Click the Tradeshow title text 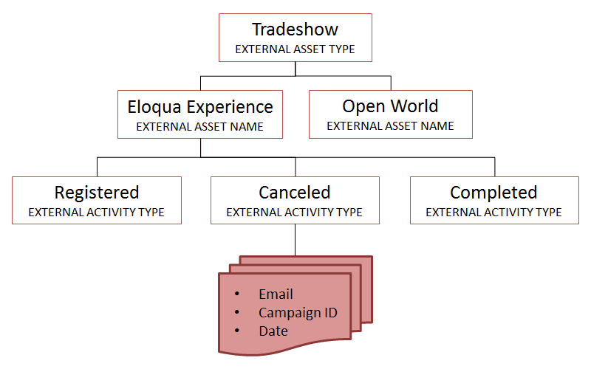(295, 30)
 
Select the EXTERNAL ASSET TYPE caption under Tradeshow (295, 49)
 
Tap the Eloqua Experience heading (200, 106)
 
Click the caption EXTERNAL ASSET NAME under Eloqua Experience (200, 126)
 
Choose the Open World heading (390, 106)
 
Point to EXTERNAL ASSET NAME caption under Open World (390, 126)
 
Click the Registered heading (97, 193)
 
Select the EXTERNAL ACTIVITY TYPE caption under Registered (96, 213)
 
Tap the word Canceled (295, 193)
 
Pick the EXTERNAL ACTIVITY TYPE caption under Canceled (295, 213)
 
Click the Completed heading (493, 193)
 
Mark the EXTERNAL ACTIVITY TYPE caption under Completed (493, 213)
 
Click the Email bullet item (276, 294)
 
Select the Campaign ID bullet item (298, 313)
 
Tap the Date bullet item (273, 331)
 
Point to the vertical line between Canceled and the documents (295, 240)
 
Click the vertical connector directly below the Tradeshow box (295, 69)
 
